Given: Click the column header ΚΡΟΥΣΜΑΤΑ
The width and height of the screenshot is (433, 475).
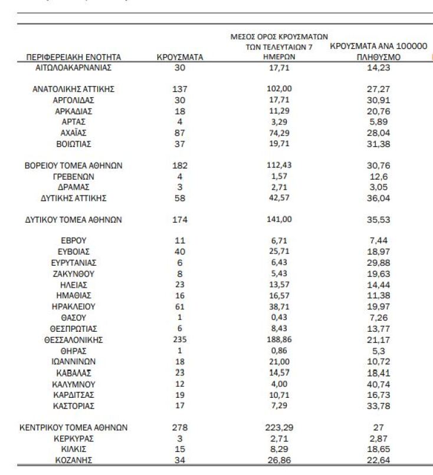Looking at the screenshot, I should pos(180,57).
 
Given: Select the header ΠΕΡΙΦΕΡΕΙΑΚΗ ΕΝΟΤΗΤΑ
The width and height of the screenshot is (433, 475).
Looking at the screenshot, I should pos(74,57).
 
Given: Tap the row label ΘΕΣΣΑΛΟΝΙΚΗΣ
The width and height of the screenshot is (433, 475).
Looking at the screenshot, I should pos(74,339).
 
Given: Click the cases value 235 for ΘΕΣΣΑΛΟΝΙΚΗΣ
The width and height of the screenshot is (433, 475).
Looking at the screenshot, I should pos(180,339).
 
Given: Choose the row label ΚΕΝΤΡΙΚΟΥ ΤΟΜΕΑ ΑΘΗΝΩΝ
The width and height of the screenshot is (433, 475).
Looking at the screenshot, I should pos(74,428).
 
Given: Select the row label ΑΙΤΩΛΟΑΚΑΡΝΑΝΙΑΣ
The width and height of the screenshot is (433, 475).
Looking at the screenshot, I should pos(74,67).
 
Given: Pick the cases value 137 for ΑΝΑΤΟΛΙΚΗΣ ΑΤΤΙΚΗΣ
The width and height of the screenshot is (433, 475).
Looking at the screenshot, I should pos(180,89).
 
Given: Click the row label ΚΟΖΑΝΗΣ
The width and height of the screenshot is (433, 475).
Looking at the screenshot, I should pos(74,460).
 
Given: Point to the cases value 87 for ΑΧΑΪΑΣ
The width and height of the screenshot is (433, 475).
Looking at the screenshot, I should pos(180,133).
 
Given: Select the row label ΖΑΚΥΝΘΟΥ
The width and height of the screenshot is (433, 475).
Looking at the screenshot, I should pos(74,274).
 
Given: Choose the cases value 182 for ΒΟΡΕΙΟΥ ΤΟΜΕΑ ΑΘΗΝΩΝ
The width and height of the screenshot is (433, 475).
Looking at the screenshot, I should pos(180,166).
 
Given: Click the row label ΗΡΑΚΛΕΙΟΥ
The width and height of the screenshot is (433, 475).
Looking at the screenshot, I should pos(74,306).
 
